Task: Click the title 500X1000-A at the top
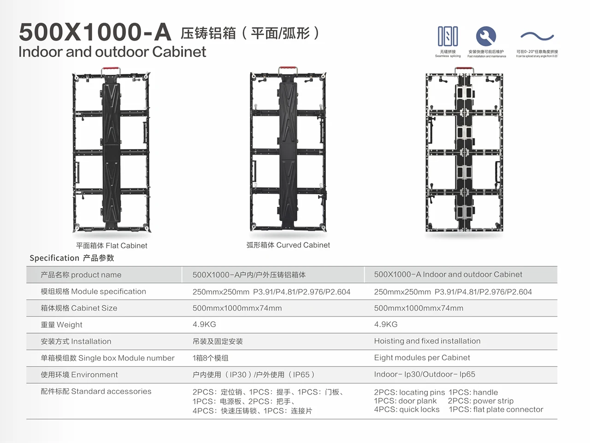(x=94, y=32)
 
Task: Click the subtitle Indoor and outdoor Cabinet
(x=112, y=52)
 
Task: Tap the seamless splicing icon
(x=448, y=36)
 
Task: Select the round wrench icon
(x=486, y=36)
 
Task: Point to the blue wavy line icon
(x=537, y=36)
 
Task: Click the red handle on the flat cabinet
(x=111, y=70)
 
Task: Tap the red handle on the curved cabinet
(x=288, y=70)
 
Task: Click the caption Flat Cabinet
(x=112, y=245)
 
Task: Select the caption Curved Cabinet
(x=288, y=245)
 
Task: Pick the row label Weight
(x=61, y=325)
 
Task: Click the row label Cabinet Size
(x=79, y=308)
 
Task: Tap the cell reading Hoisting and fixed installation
(x=427, y=341)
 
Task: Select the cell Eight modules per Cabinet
(x=422, y=358)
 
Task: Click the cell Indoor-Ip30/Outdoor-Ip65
(x=424, y=374)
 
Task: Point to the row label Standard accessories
(x=96, y=391)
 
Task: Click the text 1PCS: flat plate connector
(x=496, y=409)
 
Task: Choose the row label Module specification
(x=93, y=292)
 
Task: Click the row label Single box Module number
(x=107, y=358)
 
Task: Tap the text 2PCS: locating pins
(x=409, y=392)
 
